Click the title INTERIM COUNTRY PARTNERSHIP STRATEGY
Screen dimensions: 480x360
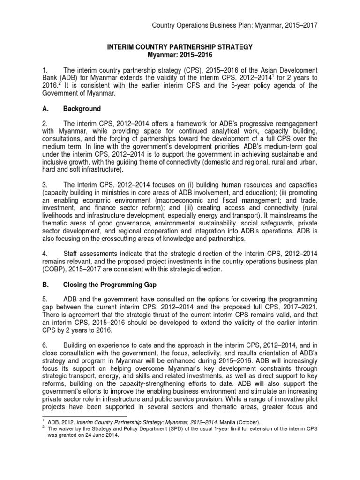180,47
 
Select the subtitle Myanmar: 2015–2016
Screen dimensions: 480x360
180,55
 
